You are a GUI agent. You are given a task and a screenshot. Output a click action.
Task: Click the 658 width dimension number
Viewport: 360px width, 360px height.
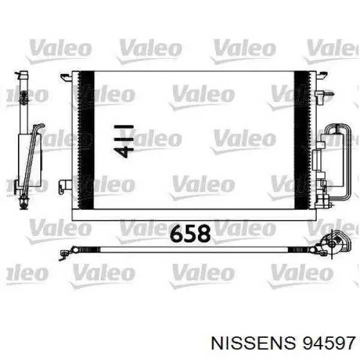[x=190, y=233]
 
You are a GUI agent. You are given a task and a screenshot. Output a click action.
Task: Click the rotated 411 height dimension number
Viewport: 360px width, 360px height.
[x=124, y=142]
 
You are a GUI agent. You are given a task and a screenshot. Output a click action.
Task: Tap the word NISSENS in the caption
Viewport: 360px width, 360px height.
[x=253, y=344]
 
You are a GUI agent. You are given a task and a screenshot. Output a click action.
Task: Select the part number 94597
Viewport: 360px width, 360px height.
[x=329, y=344]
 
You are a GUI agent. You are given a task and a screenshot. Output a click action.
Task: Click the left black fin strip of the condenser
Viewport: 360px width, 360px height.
[x=86, y=140]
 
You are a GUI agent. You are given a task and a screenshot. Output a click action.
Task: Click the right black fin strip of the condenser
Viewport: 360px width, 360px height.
[x=302, y=140]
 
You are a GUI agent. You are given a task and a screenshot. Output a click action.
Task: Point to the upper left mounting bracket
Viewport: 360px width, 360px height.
[x=66, y=77]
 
